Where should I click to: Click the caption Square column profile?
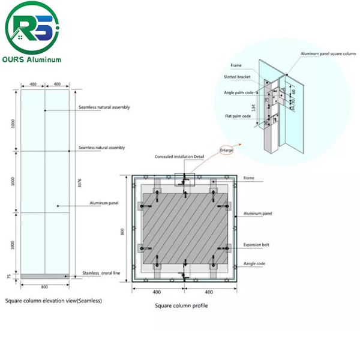(181, 305)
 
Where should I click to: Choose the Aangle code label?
(254, 263)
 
